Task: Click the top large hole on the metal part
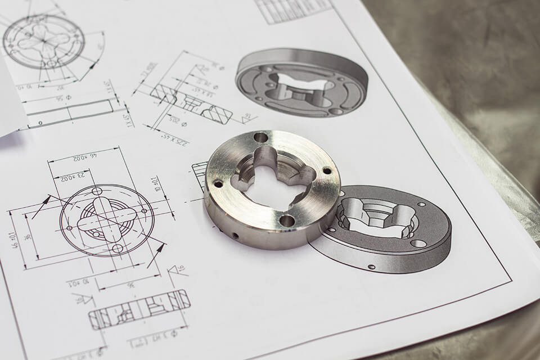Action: tap(260, 137)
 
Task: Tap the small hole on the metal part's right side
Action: tap(327, 170)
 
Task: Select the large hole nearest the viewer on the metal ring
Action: tap(287, 220)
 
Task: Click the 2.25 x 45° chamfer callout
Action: tap(175, 137)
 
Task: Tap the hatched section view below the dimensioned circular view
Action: tap(138, 308)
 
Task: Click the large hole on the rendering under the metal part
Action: tap(418, 244)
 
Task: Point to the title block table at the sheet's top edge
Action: tap(292, 10)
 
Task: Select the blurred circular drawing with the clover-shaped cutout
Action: tap(43, 41)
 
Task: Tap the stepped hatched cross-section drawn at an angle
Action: tap(191, 102)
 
